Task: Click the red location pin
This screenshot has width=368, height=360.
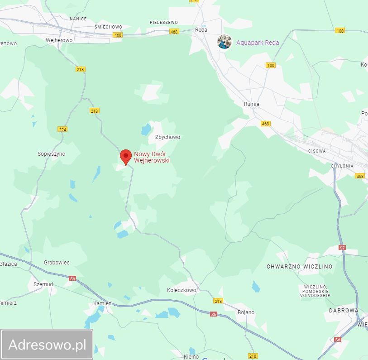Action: point(126,157)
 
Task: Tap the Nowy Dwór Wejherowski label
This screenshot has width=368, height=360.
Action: point(152,157)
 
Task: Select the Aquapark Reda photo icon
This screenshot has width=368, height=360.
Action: point(225,42)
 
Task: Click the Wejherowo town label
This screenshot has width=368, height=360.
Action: point(59,40)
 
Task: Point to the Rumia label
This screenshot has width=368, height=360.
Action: point(252,104)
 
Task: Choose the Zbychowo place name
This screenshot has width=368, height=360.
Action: point(167,137)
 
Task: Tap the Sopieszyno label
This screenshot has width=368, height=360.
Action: point(51,154)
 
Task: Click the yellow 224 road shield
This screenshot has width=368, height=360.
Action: point(62,130)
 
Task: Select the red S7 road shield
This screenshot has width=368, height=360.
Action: point(342,248)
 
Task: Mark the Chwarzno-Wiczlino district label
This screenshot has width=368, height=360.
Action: point(299,267)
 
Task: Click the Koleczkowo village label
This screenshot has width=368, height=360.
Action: point(182,290)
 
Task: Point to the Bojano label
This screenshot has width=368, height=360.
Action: point(246,312)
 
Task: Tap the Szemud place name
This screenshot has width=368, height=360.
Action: point(43,284)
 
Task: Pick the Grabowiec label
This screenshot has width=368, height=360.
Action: point(57,263)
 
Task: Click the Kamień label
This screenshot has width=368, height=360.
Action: point(102,303)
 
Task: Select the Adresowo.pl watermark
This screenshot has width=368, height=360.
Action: point(47,345)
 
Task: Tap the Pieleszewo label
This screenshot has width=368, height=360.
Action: point(164,22)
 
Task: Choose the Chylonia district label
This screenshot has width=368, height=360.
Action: point(342,166)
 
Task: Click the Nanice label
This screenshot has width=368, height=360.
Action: point(78,19)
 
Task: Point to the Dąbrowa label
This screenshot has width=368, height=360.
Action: point(344,311)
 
